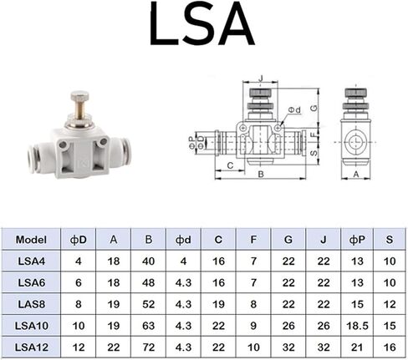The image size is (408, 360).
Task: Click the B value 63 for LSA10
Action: pos(149,325)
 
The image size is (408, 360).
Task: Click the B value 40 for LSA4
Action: pos(149,261)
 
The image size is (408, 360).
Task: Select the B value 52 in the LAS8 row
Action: pos(149,303)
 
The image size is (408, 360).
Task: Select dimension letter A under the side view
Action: pos(357,175)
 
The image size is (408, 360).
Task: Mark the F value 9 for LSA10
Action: pos(253,325)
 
